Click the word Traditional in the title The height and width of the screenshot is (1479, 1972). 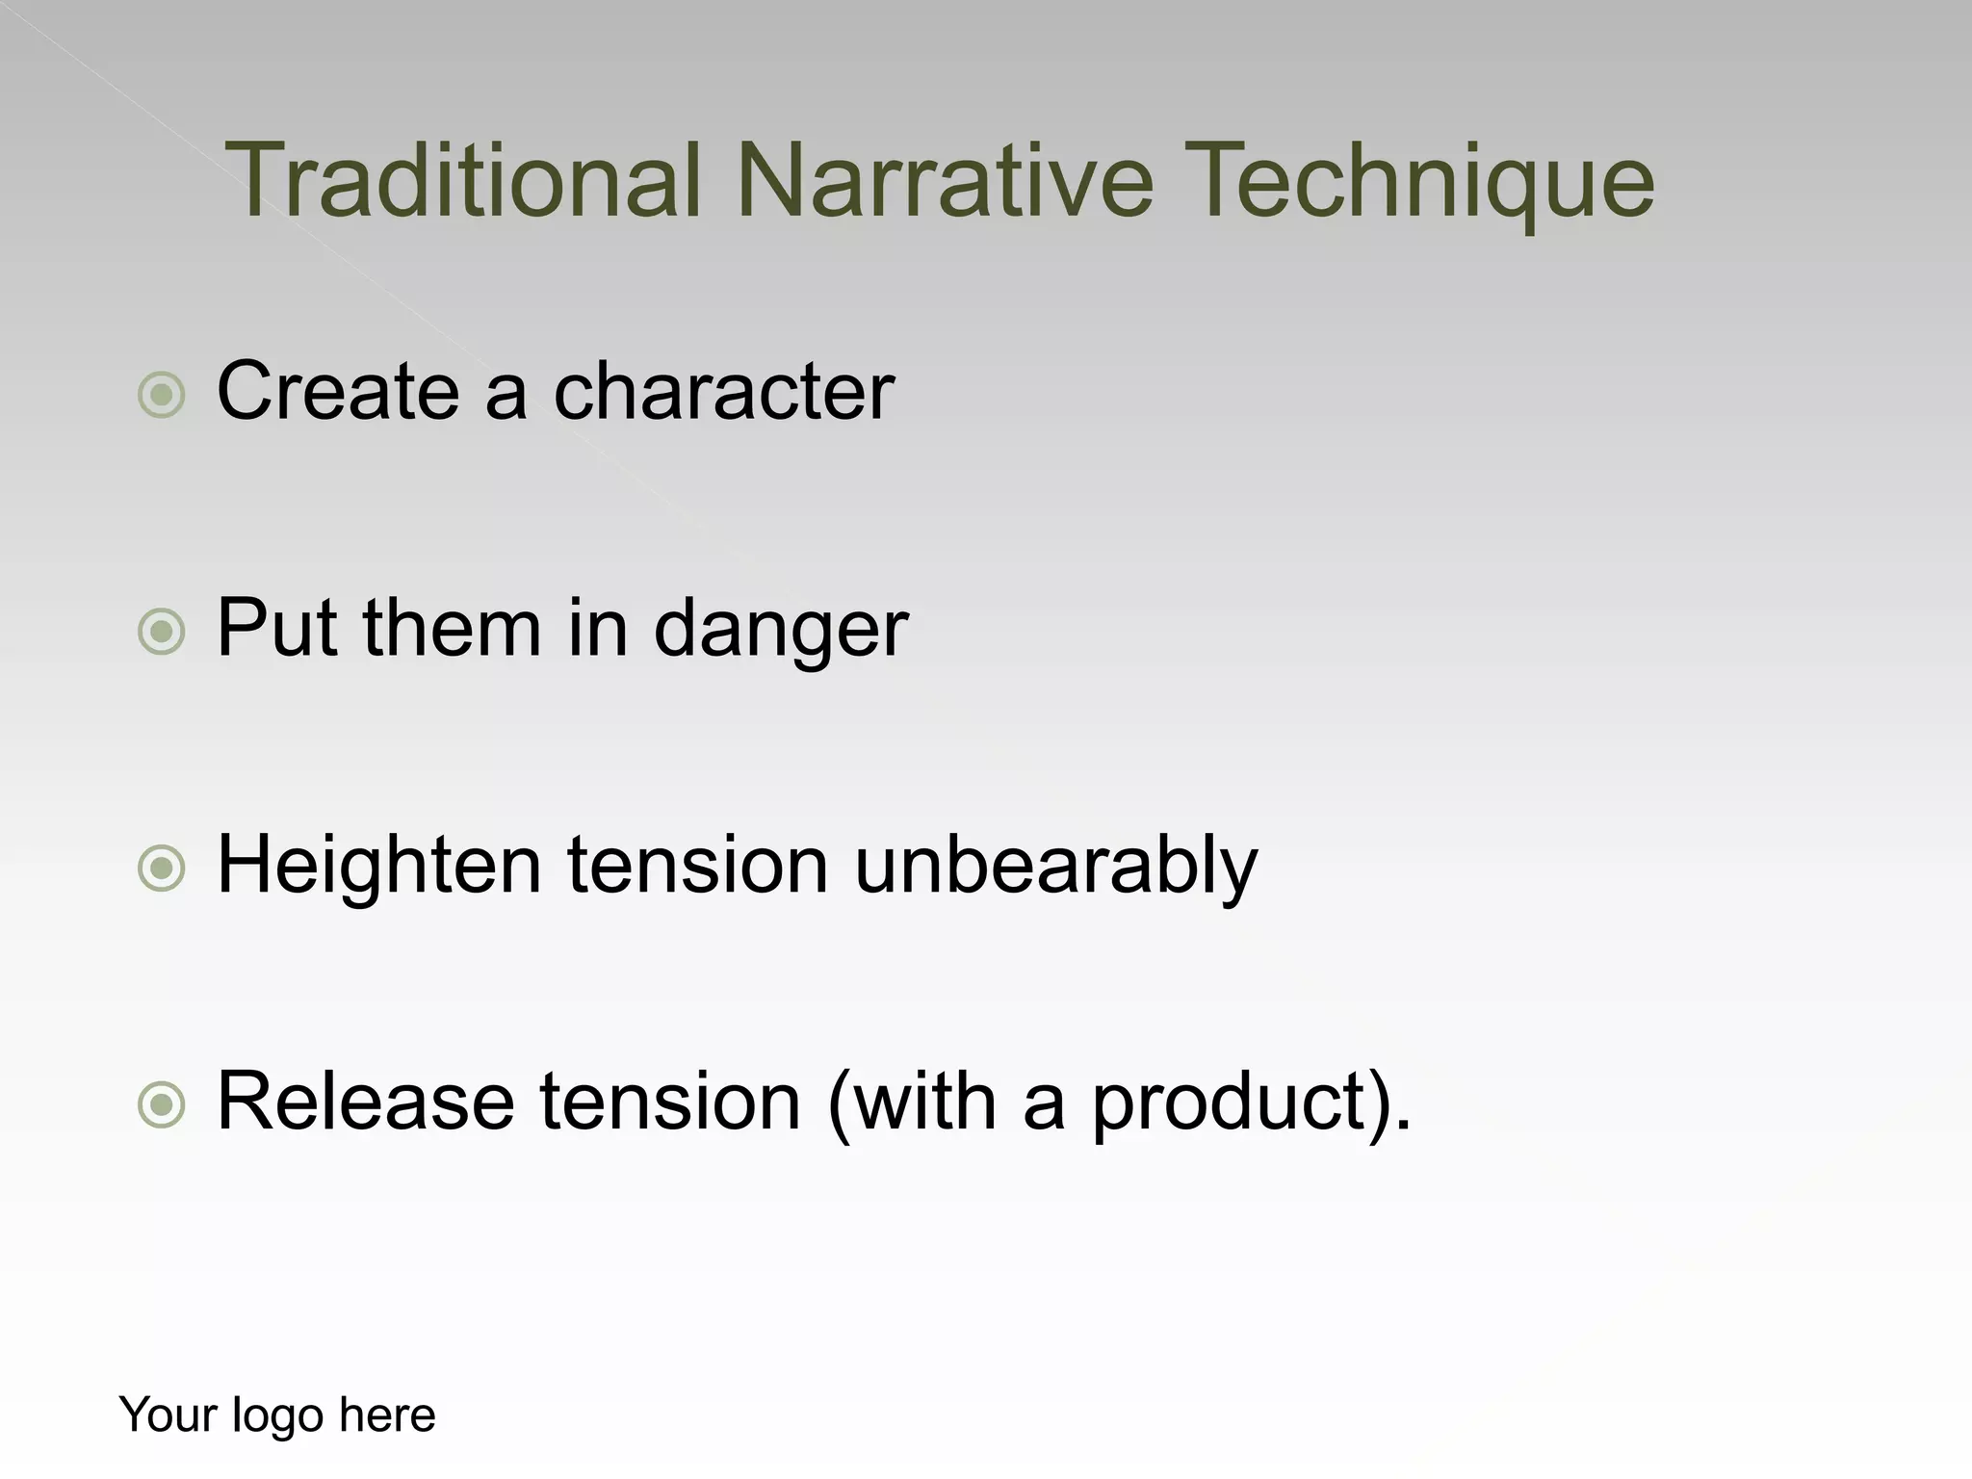pyautogui.click(x=462, y=181)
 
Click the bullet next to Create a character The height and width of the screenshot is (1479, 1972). pyautogui.click(x=161, y=395)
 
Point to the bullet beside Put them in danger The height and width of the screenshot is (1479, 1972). pyautogui.click(x=161, y=632)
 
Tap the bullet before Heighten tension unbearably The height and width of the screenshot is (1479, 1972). pyautogui.click(x=161, y=869)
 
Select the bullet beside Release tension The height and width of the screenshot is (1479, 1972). pyautogui.click(x=161, y=1105)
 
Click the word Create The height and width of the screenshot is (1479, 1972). pyautogui.click(x=337, y=391)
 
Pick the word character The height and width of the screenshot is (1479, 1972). pyautogui.click(x=724, y=391)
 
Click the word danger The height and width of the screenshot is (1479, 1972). pyautogui.click(x=781, y=630)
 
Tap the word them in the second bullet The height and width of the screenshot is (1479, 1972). pyautogui.click(x=452, y=628)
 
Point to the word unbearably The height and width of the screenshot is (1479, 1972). pyautogui.click(x=1056, y=865)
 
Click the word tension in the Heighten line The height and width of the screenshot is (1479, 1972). pyautogui.click(x=697, y=865)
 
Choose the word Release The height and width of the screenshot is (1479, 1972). pyautogui.click(x=366, y=1102)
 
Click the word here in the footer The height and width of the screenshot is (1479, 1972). pyautogui.click(x=387, y=1414)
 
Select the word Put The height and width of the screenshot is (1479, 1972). pyautogui.click(x=277, y=628)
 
